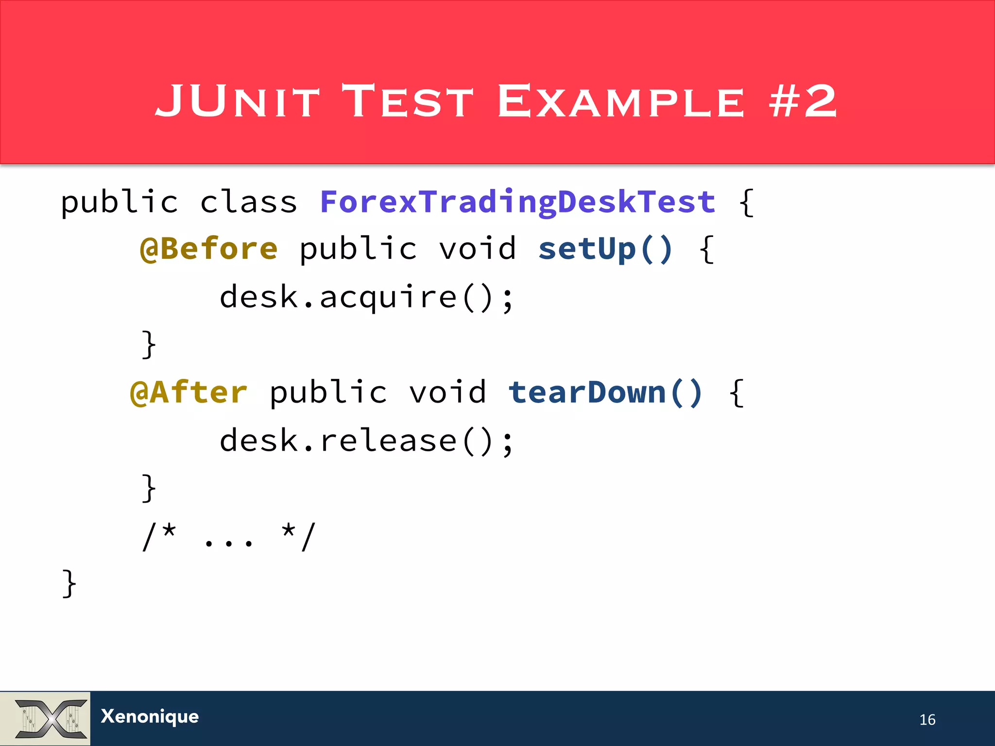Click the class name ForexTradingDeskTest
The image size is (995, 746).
click(517, 202)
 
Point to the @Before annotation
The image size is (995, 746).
click(208, 249)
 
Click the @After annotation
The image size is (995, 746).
click(189, 392)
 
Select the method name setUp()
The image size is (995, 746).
click(605, 249)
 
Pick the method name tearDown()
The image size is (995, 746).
click(605, 392)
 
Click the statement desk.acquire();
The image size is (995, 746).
click(366, 297)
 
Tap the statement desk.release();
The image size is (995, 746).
click(366, 441)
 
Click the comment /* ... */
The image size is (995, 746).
click(228, 537)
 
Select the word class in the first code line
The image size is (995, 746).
click(248, 202)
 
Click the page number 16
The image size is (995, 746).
click(927, 719)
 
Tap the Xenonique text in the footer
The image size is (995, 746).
click(150, 716)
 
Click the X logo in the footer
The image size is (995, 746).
click(51, 718)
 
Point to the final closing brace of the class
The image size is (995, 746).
click(69, 583)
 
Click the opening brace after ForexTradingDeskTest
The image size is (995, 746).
click(746, 203)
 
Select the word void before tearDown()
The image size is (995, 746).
click(447, 392)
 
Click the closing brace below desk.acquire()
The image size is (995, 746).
click(149, 344)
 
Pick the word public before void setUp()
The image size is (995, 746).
click(358, 249)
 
